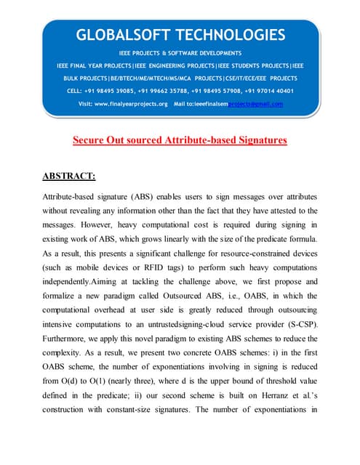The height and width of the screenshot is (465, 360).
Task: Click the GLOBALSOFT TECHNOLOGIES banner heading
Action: pos(180,35)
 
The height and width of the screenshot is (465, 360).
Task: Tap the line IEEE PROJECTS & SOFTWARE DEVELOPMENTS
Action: pos(180,54)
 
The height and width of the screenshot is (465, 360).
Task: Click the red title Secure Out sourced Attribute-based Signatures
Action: pos(180,139)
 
